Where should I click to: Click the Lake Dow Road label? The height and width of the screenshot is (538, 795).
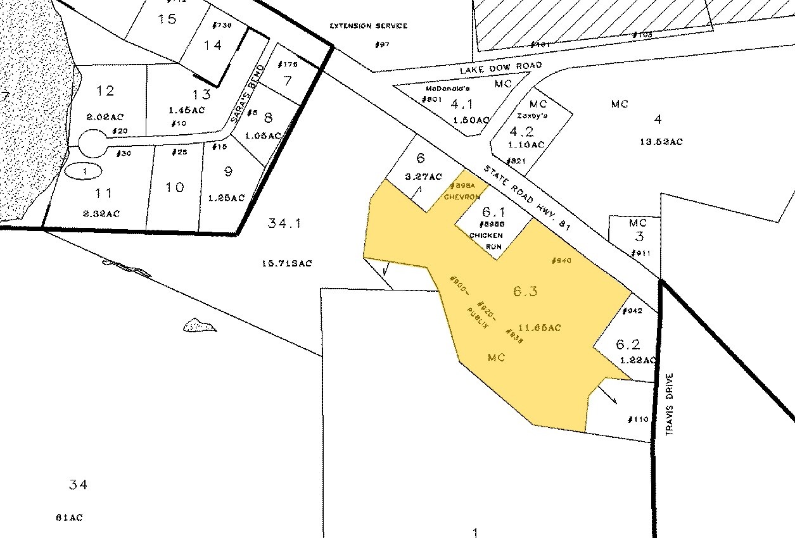tap(501, 66)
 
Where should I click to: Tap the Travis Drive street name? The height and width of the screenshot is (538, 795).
tap(670, 404)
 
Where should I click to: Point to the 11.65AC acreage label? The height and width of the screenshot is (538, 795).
tap(539, 327)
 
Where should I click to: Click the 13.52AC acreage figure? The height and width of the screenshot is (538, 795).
tap(661, 142)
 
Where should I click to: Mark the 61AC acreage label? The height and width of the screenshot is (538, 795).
tap(69, 517)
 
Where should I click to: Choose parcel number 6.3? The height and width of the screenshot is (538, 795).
tap(525, 292)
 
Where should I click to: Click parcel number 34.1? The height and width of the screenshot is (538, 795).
tap(284, 223)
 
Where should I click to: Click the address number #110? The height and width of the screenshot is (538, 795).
tap(638, 420)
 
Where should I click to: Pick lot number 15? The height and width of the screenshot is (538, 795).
tap(167, 19)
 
